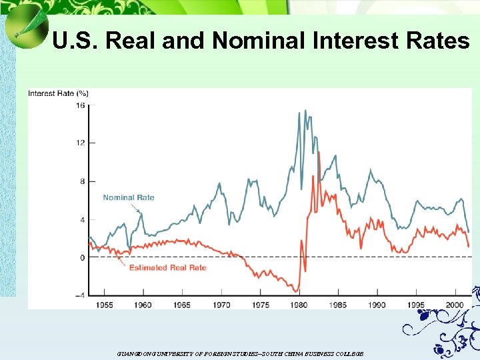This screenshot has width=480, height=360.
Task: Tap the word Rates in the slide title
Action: point(436,41)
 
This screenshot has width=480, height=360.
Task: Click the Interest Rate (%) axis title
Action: point(58,93)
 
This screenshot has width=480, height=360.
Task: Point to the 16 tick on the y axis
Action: point(80,105)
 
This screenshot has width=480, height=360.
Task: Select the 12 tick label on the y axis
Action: point(80,143)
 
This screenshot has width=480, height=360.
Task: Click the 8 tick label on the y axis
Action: point(82,181)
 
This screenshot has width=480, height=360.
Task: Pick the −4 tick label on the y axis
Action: point(79,296)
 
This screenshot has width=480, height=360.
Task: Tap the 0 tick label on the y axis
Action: point(82,257)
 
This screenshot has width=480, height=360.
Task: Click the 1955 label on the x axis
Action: point(104,305)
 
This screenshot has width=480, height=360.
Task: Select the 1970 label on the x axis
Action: point(221,305)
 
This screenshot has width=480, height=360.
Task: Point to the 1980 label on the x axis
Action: point(299,305)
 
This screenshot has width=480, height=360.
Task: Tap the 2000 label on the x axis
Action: point(455,305)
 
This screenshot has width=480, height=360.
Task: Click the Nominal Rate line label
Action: point(128,197)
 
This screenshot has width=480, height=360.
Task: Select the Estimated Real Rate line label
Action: point(167,267)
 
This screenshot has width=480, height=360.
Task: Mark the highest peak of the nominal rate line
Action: point(298,113)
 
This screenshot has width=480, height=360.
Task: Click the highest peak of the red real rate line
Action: point(319,153)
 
